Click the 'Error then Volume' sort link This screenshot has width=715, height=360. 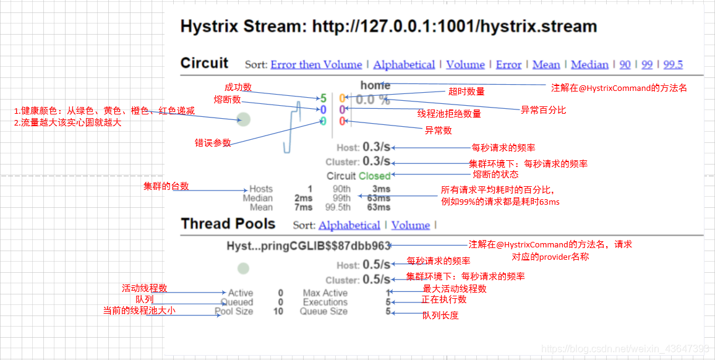coord(316,64)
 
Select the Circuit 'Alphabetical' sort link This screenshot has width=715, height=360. coord(404,64)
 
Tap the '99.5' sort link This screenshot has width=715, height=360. coord(673,64)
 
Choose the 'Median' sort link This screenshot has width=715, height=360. coord(589,64)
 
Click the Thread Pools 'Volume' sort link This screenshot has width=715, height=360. coord(410,225)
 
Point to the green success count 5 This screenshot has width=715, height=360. coord(323,98)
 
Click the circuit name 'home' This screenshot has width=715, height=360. coord(375,85)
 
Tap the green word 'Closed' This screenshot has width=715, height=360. coord(375,176)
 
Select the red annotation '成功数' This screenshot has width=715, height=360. coord(238,87)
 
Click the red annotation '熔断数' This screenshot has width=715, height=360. coord(227,100)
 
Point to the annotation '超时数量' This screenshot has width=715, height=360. coord(466,92)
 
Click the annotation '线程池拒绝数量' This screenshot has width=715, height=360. coord(449,114)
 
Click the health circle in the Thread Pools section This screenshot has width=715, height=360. coord(244,268)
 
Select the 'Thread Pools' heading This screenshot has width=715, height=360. coord(228,224)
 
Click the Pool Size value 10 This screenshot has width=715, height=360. coord(278,311)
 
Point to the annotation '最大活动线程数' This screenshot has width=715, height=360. coord(455,289)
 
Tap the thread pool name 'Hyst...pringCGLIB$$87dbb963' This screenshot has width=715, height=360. coord(308,246)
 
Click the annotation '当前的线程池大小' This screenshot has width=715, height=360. coord(139,311)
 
